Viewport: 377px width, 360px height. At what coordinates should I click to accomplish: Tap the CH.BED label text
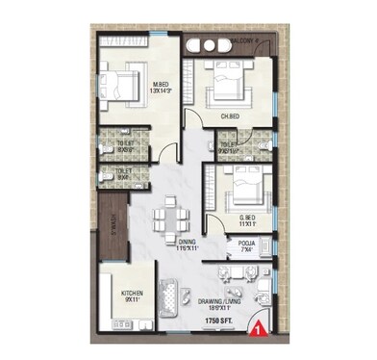point(230,117)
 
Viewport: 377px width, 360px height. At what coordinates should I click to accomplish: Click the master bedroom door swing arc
point(168,144)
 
